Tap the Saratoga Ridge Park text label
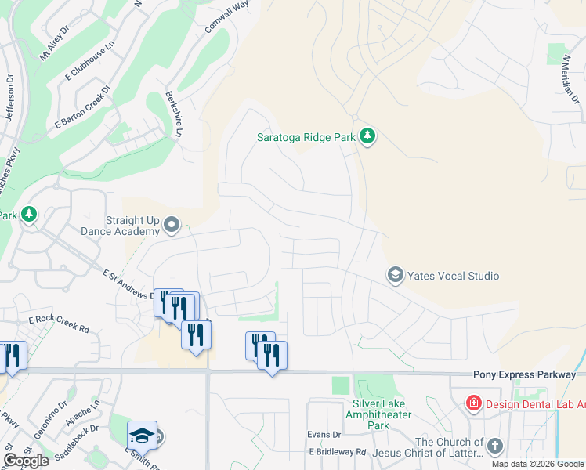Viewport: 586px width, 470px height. coord(307,137)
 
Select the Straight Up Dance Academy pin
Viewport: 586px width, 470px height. coord(172,226)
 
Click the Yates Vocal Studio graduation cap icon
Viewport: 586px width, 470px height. coord(396,275)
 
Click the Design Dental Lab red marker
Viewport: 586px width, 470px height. coord(474,404)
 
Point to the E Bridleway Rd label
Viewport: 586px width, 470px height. coord(338,452)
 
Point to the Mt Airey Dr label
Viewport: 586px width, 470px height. coord(54,44)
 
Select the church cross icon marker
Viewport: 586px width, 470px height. coord(494,446)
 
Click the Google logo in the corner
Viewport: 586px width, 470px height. coord(26,461)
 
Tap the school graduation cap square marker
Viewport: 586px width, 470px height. coord(142,436)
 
